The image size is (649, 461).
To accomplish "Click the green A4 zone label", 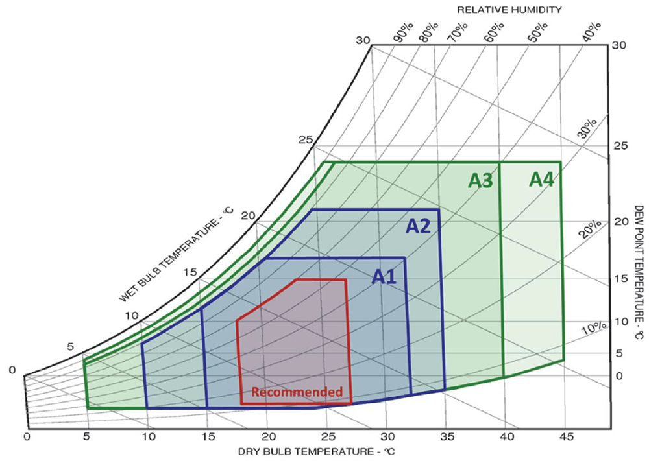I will [541, 180].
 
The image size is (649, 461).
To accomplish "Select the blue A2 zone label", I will [419, 226].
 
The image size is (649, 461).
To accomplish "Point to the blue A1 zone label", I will [384, 277].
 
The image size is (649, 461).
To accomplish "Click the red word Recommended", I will [297, 392].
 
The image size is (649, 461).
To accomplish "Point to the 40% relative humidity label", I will [591, 34].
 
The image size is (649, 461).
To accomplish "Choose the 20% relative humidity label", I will [589, 230].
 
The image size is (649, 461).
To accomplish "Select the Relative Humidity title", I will [509, 10].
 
